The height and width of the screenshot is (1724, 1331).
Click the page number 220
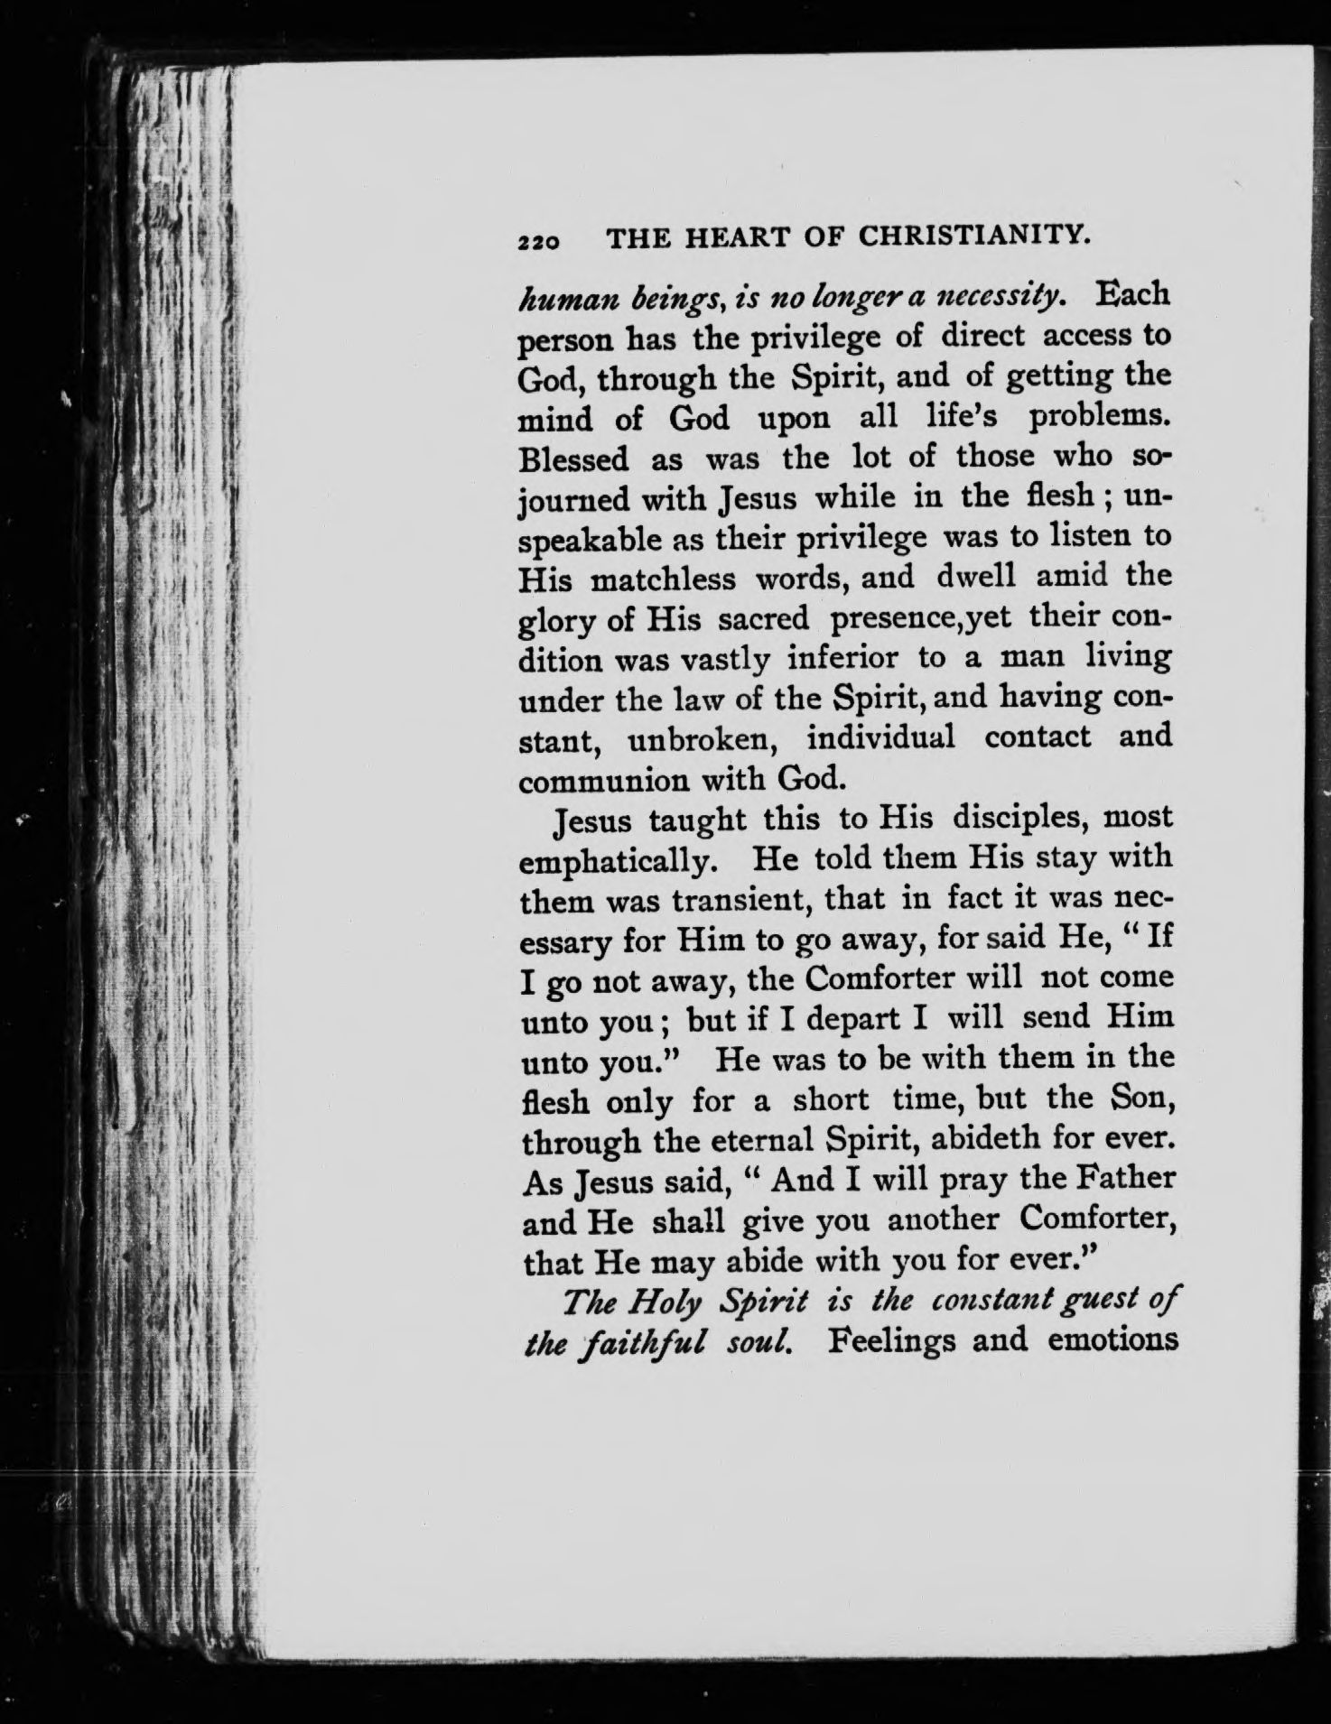pyautogui.click(x=539, y=241)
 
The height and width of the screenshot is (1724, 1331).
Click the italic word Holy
pyautogui.click(x=666, y=1303)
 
